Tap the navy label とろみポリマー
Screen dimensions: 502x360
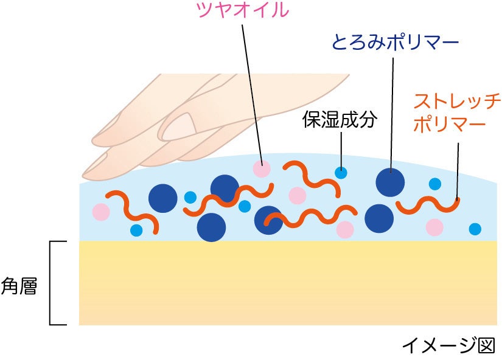(394, 43)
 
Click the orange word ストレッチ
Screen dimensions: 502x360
(456, 100)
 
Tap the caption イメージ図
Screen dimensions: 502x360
(448, 345)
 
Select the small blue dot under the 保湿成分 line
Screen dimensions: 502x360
(341, 172)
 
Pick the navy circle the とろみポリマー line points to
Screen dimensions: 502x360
(390, 181)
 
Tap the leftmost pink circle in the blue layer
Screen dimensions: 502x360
(101, 212)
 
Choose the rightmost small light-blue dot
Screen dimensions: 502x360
(475, 229)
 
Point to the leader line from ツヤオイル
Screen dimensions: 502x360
(252, 91)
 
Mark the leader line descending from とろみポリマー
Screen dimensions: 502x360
(392, 109)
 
